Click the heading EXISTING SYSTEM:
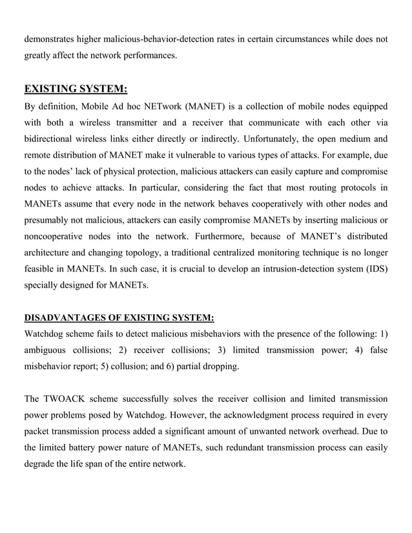(76, 88)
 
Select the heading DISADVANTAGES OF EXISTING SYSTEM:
(118, 317)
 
